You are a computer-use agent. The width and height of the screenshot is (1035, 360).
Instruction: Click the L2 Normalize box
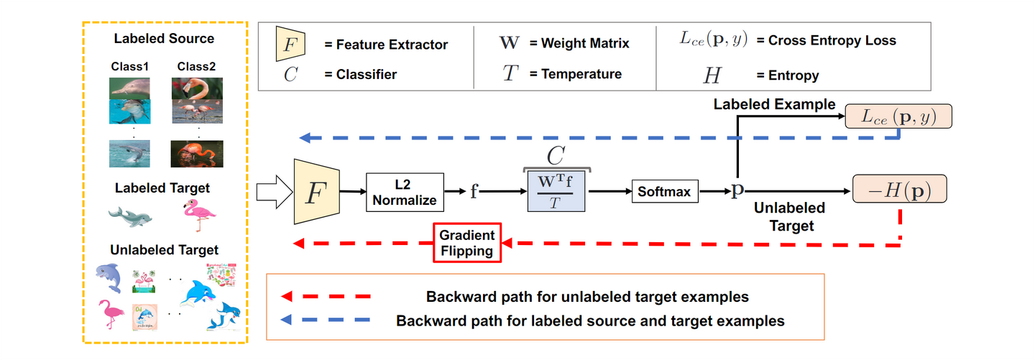[x=404, y=192]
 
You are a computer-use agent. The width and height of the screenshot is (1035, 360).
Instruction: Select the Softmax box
[x=665, y=192]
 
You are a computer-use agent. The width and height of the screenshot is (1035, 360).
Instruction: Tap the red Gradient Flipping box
[x=466, y=243]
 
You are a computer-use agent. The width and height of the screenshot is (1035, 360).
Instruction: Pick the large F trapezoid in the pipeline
[x=316, y=192]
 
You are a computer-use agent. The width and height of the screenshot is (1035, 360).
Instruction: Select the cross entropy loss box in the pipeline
[x=898, y=116]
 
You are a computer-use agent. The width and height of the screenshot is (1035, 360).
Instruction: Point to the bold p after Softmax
[x=737, y=192]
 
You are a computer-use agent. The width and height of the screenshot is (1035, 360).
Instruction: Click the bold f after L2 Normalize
[x=474, y=193]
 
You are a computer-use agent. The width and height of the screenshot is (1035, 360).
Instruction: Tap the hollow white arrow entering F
[x=272, y=192]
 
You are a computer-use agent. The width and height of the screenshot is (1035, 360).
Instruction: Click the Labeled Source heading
[x=164, y=38]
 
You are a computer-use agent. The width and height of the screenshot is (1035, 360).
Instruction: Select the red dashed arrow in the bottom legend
[x=327, y=296]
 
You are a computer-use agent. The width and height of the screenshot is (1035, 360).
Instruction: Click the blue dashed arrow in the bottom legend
[x=327, y=320]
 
